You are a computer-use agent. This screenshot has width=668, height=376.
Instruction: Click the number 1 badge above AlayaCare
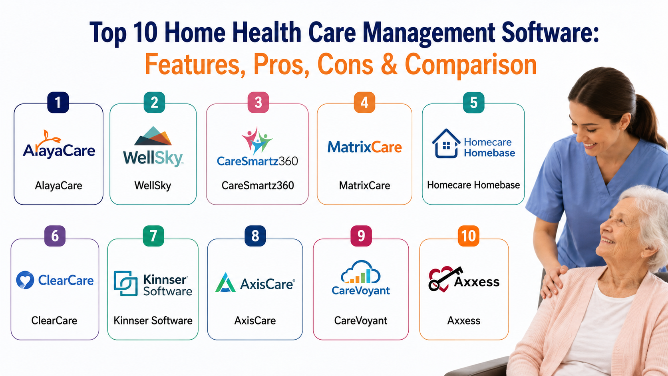point(58,103)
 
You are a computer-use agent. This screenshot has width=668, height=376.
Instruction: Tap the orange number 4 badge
point(364,103)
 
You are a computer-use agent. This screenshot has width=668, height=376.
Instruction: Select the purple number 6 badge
point(55,236)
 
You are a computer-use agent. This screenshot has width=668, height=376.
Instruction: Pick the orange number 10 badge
point(469,236)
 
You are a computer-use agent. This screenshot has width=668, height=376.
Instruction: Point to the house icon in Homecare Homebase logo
point(446,143)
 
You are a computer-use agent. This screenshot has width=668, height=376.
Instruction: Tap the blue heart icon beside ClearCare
point(25,280)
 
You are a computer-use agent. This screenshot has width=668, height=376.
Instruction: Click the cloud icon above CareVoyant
point(360,272)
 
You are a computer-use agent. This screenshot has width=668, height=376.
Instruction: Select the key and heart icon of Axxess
point(444,279)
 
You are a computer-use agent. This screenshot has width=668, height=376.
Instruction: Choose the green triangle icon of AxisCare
point(225,282)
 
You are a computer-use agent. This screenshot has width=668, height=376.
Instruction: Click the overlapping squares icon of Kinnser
point(125,283)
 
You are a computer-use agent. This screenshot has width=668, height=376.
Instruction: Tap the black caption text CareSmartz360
point(258,185)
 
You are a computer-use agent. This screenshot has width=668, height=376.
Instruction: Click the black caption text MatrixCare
point(364,185)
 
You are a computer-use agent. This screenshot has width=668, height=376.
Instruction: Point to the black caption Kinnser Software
point(153,320)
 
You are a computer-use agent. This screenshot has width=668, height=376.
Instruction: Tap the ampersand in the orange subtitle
point(389,64)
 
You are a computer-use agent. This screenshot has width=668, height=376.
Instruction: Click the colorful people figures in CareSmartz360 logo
point(257,140)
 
